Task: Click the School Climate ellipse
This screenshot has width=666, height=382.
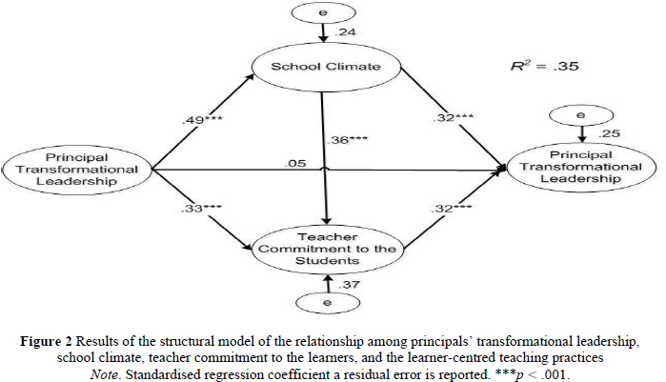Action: (x=327, y=68)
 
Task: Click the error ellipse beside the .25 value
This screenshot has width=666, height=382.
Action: (x=582, y=115)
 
